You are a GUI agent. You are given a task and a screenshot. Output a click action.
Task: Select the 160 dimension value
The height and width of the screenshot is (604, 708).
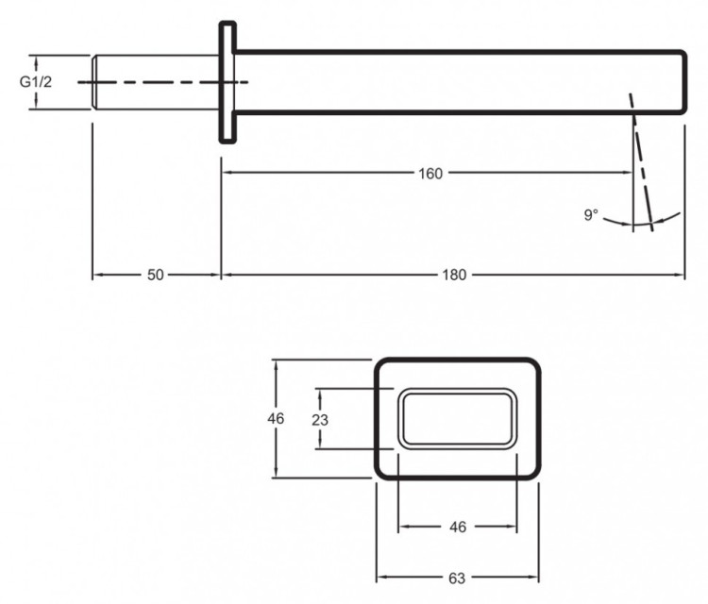point(430,173)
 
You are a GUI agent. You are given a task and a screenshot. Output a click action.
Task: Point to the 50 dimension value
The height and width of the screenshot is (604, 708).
point(156,275)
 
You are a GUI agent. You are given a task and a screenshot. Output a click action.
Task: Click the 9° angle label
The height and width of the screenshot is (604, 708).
point(591,215)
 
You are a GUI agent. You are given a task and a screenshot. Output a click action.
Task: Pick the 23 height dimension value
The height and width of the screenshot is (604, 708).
point(320,418)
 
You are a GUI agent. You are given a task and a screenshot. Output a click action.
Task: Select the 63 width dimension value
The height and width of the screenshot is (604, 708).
point(457,577)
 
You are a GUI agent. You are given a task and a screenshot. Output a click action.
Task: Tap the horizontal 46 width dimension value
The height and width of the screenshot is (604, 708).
point(458,527)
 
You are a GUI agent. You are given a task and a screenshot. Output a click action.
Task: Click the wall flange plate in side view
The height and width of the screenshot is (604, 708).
point(228,83)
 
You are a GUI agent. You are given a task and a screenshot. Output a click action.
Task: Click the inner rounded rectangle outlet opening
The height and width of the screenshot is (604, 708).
point(457,418)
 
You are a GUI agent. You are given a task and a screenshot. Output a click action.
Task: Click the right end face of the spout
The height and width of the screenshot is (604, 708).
point(683,83)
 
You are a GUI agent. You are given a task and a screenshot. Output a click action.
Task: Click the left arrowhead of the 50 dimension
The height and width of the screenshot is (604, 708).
point(96,275)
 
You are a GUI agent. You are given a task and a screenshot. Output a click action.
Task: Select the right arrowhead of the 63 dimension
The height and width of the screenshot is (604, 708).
point(533,577)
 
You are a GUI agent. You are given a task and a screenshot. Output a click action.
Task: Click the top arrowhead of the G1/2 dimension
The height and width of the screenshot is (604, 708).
point(36,59)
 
